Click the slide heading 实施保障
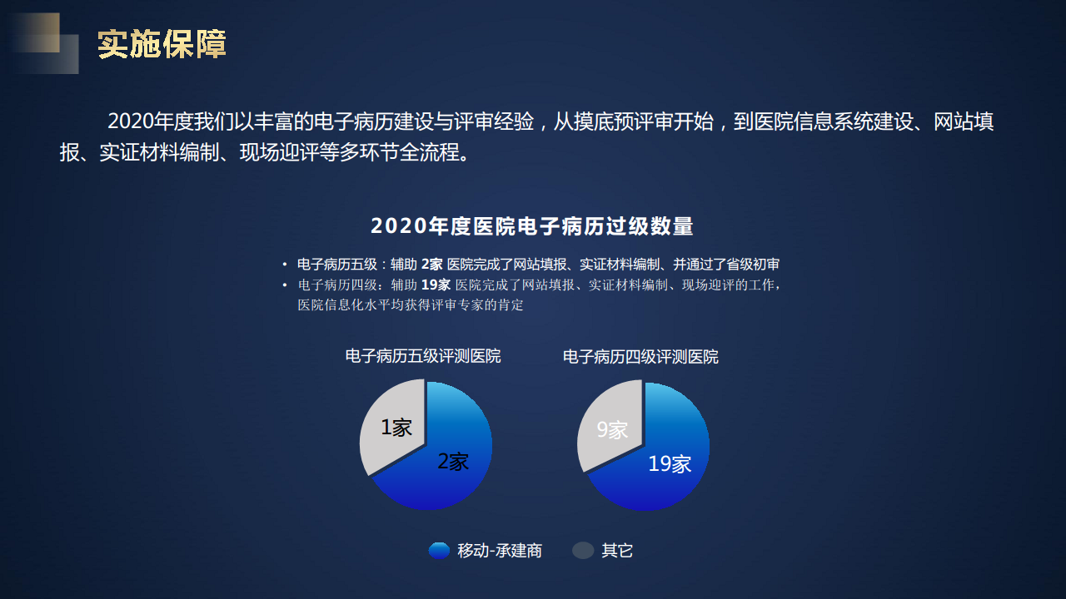click(x=162, y=45)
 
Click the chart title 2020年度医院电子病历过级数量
click(x=532, y=226)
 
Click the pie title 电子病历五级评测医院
click(x=423, y=357)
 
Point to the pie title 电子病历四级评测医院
click(x=640, y=357)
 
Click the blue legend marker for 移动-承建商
click(x=439, y=551)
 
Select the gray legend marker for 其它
click(x=583, y=551)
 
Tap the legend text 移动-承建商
click(x=500, y=551)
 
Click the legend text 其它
click(x=617, y=551)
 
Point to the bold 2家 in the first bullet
click(x=431, y=265)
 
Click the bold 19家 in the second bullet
click(x=436, y=285)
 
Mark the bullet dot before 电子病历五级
click(x=285, y=265)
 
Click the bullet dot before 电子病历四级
click(x=285, y=285)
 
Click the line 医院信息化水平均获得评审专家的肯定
click(x=411, y=305)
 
